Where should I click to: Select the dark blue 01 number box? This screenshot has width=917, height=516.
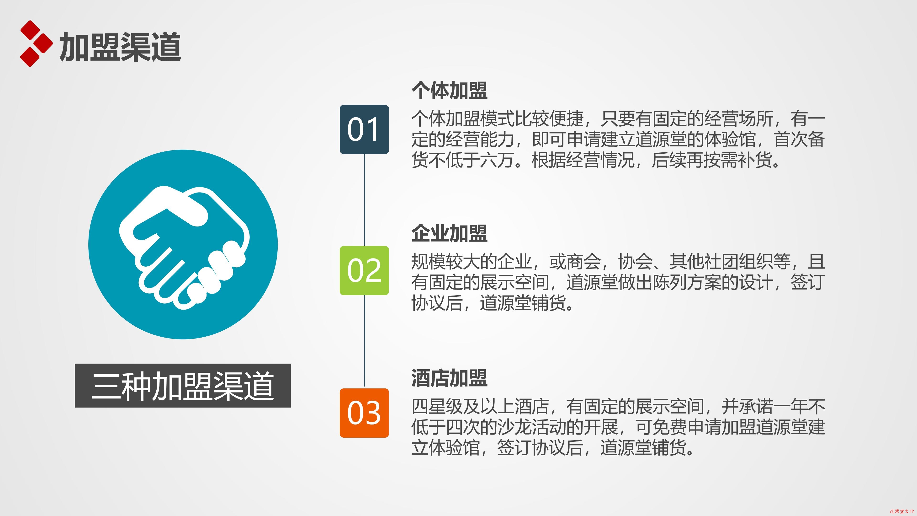pyautogui.click(x=364, y=129)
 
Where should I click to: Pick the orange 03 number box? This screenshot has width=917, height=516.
pyautogui.click(x=364, y=413)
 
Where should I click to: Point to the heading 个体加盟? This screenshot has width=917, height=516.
pyautogui.click(x=449, y=90)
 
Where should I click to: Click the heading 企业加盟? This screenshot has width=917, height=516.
pyautogui.click(x=449, y=233)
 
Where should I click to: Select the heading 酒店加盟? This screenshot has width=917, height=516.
pyautogui.click(x=449, y=378)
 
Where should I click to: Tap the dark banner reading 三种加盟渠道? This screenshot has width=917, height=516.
pyautogui.click(x=183, y=386)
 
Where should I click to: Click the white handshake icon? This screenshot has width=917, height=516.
pyautogui.click(x=184, y=247)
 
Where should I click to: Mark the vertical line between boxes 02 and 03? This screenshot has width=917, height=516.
pyautogui.click(x=364, y=342)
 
